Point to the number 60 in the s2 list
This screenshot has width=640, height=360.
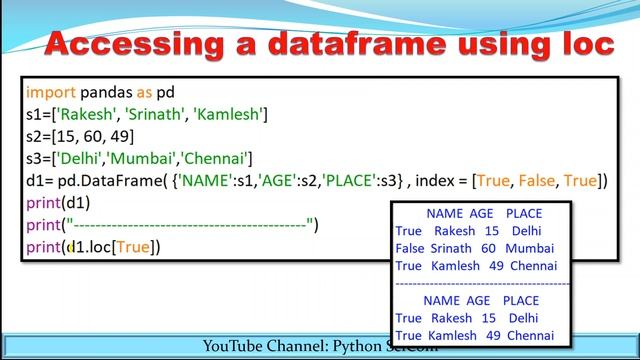[x=87, y=135]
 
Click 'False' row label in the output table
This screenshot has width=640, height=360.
[x=410, y=248]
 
